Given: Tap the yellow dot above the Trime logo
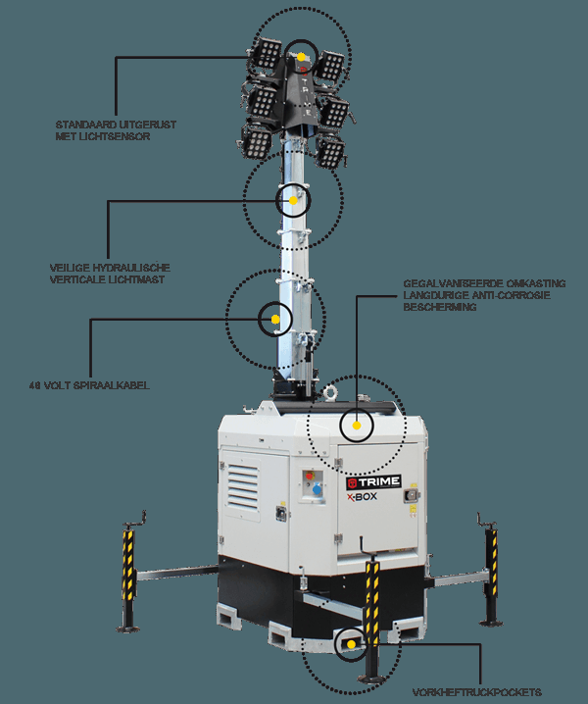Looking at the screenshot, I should click(358, 426).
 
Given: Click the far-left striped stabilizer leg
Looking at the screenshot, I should click(127, 569).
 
